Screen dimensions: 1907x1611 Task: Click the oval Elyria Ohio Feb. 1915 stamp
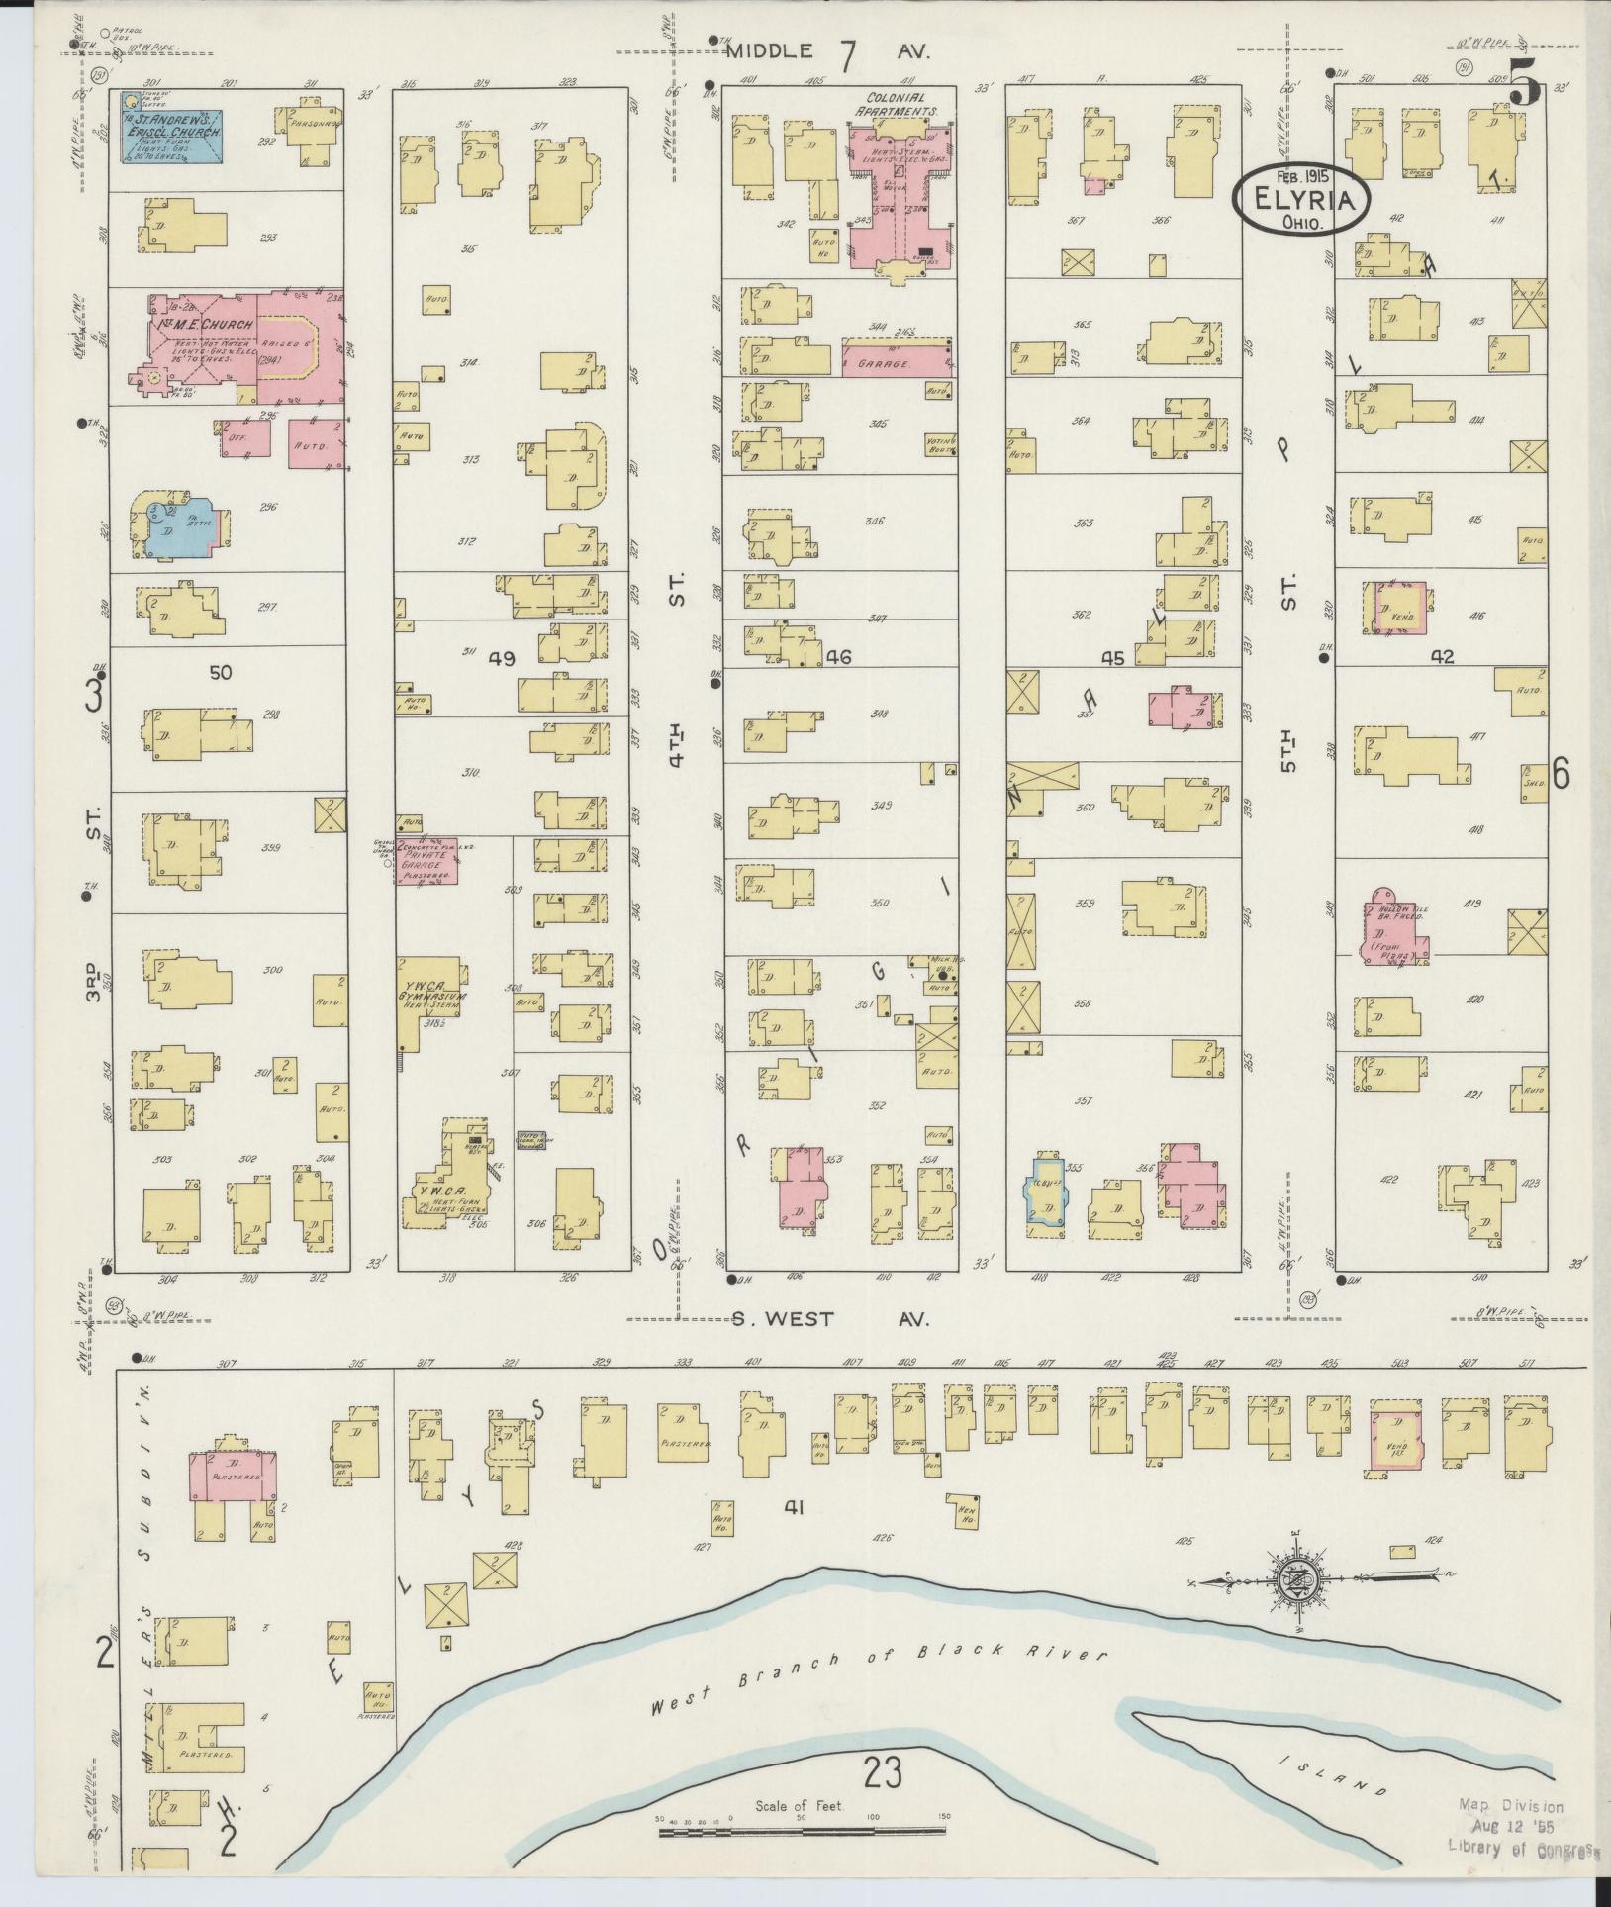coord(1301,199)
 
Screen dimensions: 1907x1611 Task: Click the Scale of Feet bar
coord(801,1833)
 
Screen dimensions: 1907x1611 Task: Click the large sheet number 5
coord(1525,87)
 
